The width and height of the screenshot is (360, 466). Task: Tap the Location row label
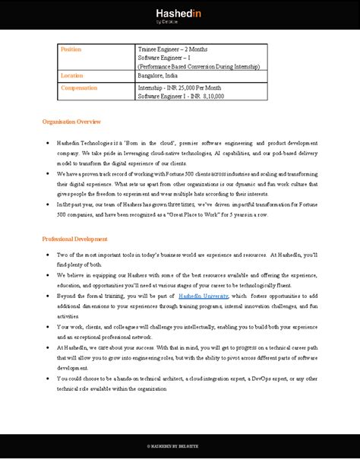pos(73,76)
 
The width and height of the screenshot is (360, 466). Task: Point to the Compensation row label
pos(80,87)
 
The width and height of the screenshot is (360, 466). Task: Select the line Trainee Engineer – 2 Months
pos(172,49)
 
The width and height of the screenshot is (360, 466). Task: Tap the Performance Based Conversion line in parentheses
pos(198,67)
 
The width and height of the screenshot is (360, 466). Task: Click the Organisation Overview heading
pos(71,122)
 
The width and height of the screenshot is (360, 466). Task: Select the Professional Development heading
pos(75,239)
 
